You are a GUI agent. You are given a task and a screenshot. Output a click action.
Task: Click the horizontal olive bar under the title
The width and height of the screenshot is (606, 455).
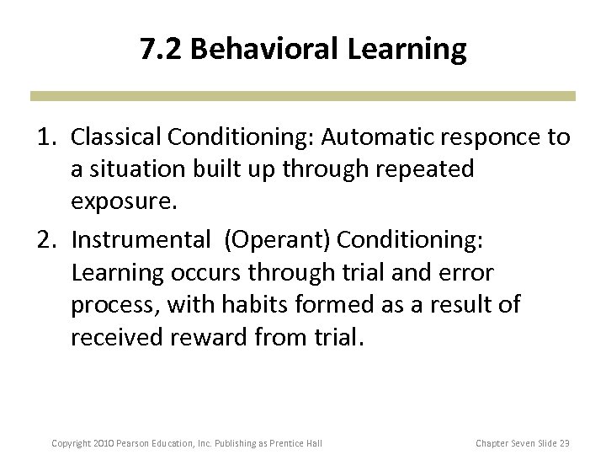coord(303,97)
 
